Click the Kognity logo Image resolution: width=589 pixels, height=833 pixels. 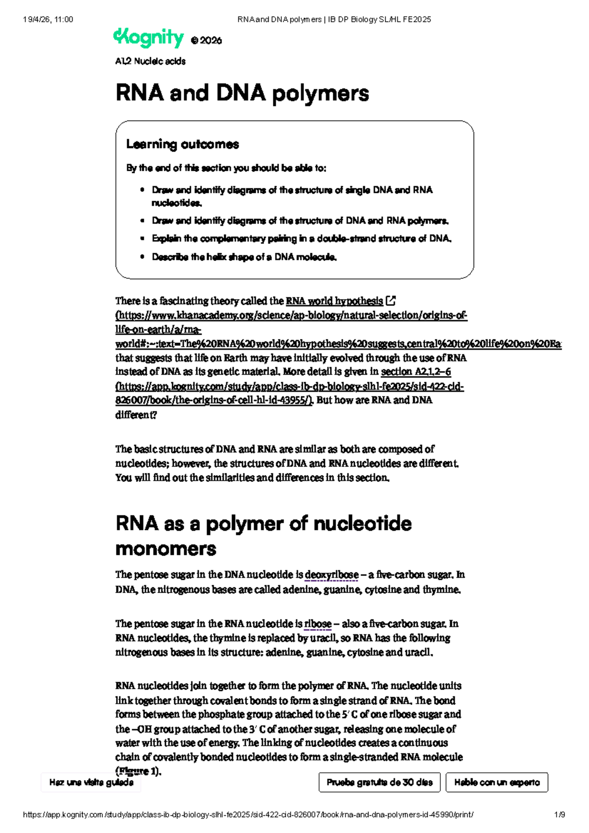pyautogui.click(x=148, y=38)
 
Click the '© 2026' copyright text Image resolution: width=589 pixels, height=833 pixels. pyautogui.click(x=206, y=41)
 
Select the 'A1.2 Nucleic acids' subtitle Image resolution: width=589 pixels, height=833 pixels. pyautogui.click(x=150, y=61)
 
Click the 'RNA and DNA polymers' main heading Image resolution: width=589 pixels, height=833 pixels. pyautogui.click(x=242, y=93)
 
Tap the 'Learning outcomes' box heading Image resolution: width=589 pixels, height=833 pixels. pyautogui.click(x=182, y=144)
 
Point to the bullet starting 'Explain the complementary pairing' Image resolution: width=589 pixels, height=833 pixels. pyautogui.click(x=301, y=239)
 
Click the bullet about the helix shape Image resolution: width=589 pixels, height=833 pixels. pyautogui.click(x=244, y=257)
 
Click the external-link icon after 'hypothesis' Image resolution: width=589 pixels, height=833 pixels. pyautogui.click(x=391, y=300)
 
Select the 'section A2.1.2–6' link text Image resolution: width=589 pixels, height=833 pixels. pyautogui.click(x=416, y=372)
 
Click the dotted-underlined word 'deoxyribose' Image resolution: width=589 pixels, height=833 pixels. pyautogui.click(x=331, y=575)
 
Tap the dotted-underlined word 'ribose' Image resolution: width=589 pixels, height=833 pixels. pyautogui.click(x=318, y=624)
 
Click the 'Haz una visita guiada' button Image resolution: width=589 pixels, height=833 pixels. pyautogui.click(x=91, y=782)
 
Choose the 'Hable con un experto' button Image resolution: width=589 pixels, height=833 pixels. pyautogui.click(x=497, y=782)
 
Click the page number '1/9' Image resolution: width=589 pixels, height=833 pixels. pyautogui.click(x=559, y=815)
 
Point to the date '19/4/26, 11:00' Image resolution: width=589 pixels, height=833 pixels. pyautogui.click(x=48, y=20)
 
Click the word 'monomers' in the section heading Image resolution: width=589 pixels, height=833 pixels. pyautogui.click(x=165, y=549)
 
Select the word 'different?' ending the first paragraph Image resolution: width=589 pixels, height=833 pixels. pyautogui.click(x=136, y=415)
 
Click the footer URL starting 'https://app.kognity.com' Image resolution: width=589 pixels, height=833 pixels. pyautogui.click(x=248, y=815)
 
